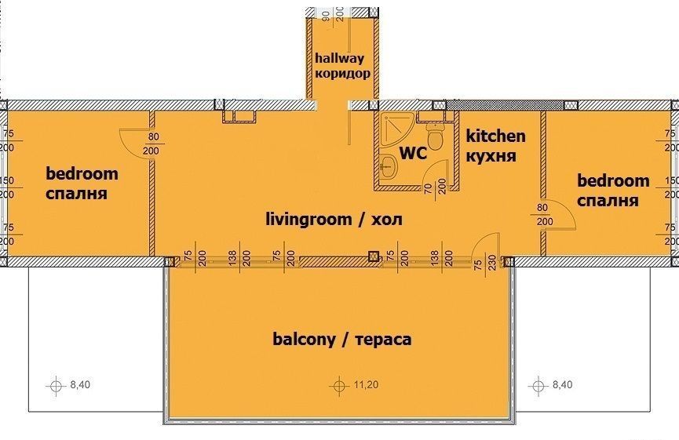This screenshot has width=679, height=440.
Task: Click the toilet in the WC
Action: pos(435,135)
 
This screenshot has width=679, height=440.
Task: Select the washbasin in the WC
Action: pos(389,165)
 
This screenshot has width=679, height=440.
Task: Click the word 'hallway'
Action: pos(339,58)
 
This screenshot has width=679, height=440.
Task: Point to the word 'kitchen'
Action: pos(496,136)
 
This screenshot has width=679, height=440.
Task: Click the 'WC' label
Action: pos(413,153)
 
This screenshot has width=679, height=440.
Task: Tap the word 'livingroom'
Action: pos(308,219)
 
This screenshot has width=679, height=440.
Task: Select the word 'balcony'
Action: pos(304,339)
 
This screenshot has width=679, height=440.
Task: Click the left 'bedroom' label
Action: pos(82,173)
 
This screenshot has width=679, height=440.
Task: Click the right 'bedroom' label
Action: pos(613,180)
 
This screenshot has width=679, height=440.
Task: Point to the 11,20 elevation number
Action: pos(367,384)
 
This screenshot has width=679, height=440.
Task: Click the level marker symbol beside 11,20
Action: pos(339,384)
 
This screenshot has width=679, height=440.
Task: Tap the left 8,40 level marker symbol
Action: pos(56,384)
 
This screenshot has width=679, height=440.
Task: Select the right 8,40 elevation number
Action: pos(563,384)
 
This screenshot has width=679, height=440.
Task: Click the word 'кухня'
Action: pos(491,156)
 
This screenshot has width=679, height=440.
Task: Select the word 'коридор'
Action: pos(342,73)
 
